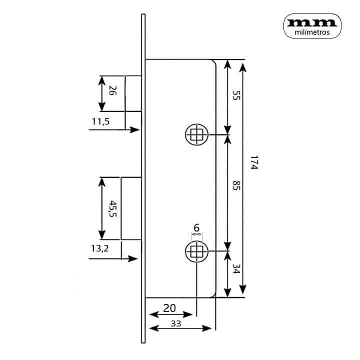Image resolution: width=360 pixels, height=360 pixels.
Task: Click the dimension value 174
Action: (254, 162)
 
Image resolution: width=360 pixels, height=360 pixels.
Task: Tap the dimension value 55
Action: (236, 95)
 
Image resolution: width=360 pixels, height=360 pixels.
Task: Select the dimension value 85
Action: (236, 185)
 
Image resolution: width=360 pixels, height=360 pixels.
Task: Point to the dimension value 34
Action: (236, 268)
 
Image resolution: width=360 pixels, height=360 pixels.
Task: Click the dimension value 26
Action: (112, 90)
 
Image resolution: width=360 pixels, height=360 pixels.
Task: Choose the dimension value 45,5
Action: (112, 208)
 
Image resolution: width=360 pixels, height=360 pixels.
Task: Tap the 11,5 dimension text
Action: (100, 121)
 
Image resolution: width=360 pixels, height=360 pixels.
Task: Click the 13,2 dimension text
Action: (99, 248)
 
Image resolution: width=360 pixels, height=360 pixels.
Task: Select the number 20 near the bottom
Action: (169, 308)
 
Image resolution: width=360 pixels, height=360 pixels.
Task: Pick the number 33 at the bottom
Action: (176, 323)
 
